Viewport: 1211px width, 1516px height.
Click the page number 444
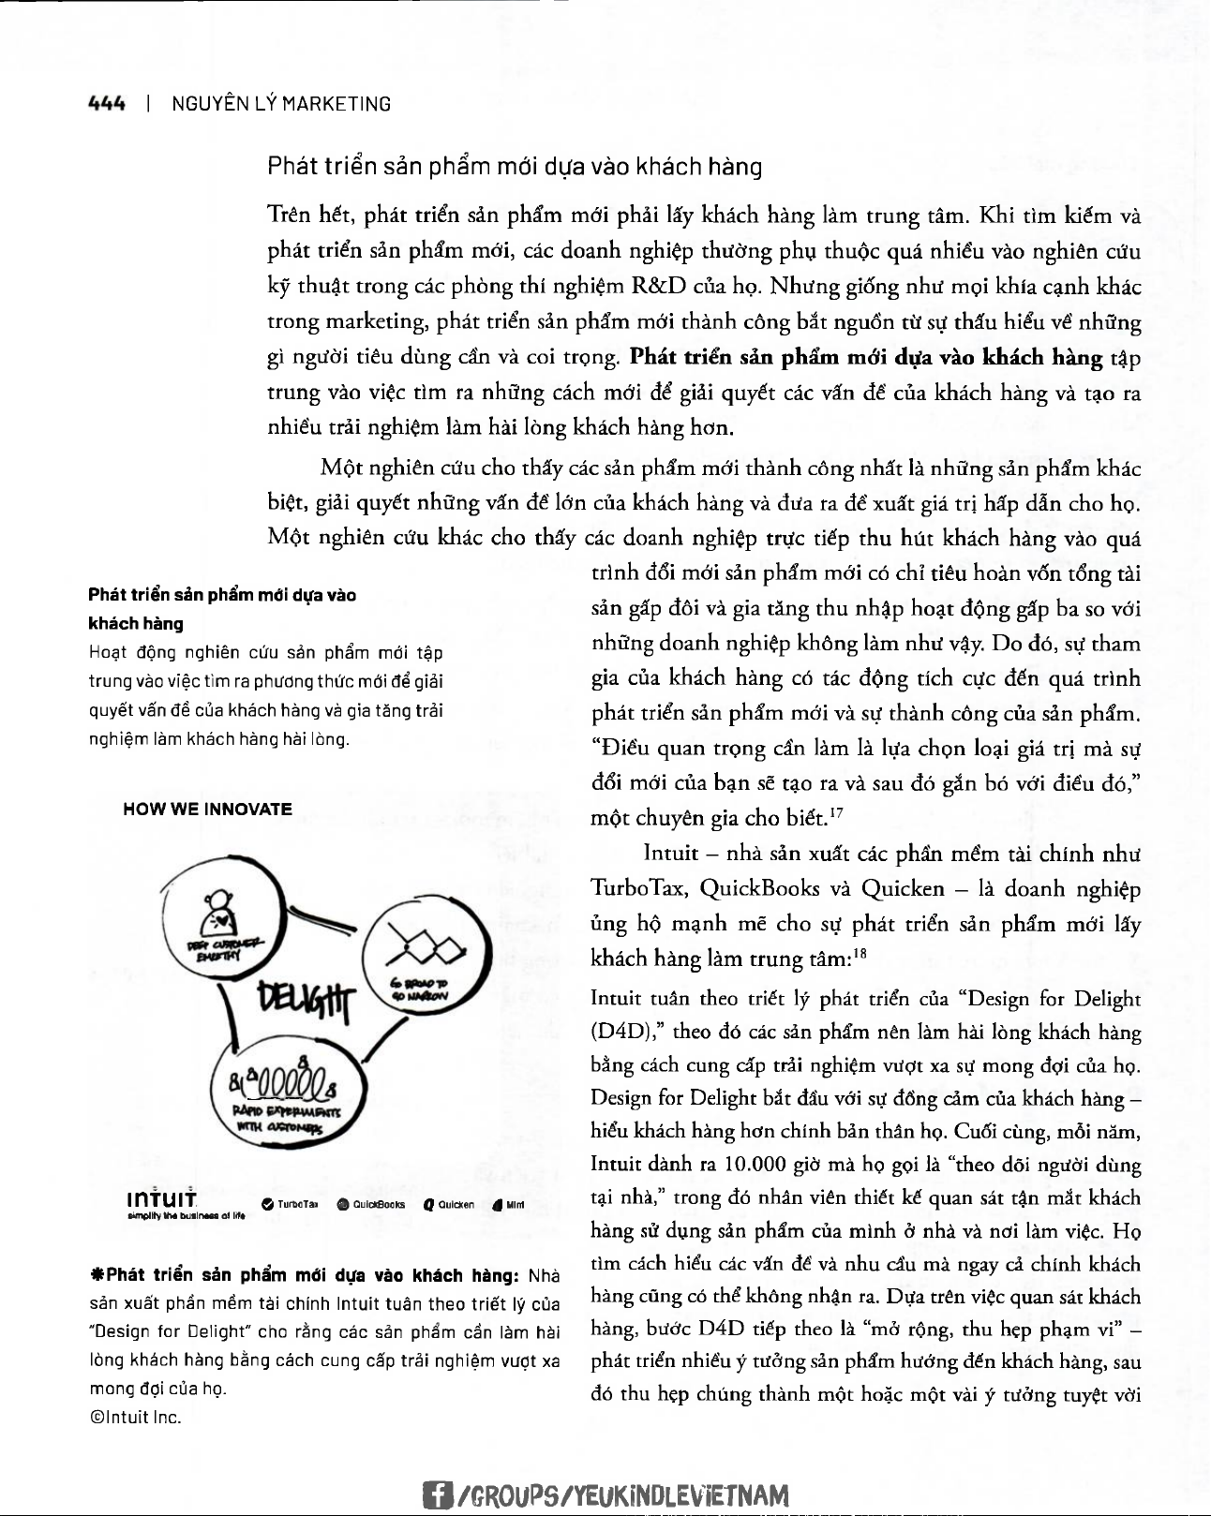(106, 104)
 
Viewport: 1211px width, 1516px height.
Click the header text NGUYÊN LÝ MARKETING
(281, 104)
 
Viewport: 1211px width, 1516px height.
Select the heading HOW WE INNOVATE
(207, 810)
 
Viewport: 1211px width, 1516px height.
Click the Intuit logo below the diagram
(162, 1201)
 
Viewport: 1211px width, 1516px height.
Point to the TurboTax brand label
(291, 1205)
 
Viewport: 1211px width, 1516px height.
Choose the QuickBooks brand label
(371, 1205)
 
